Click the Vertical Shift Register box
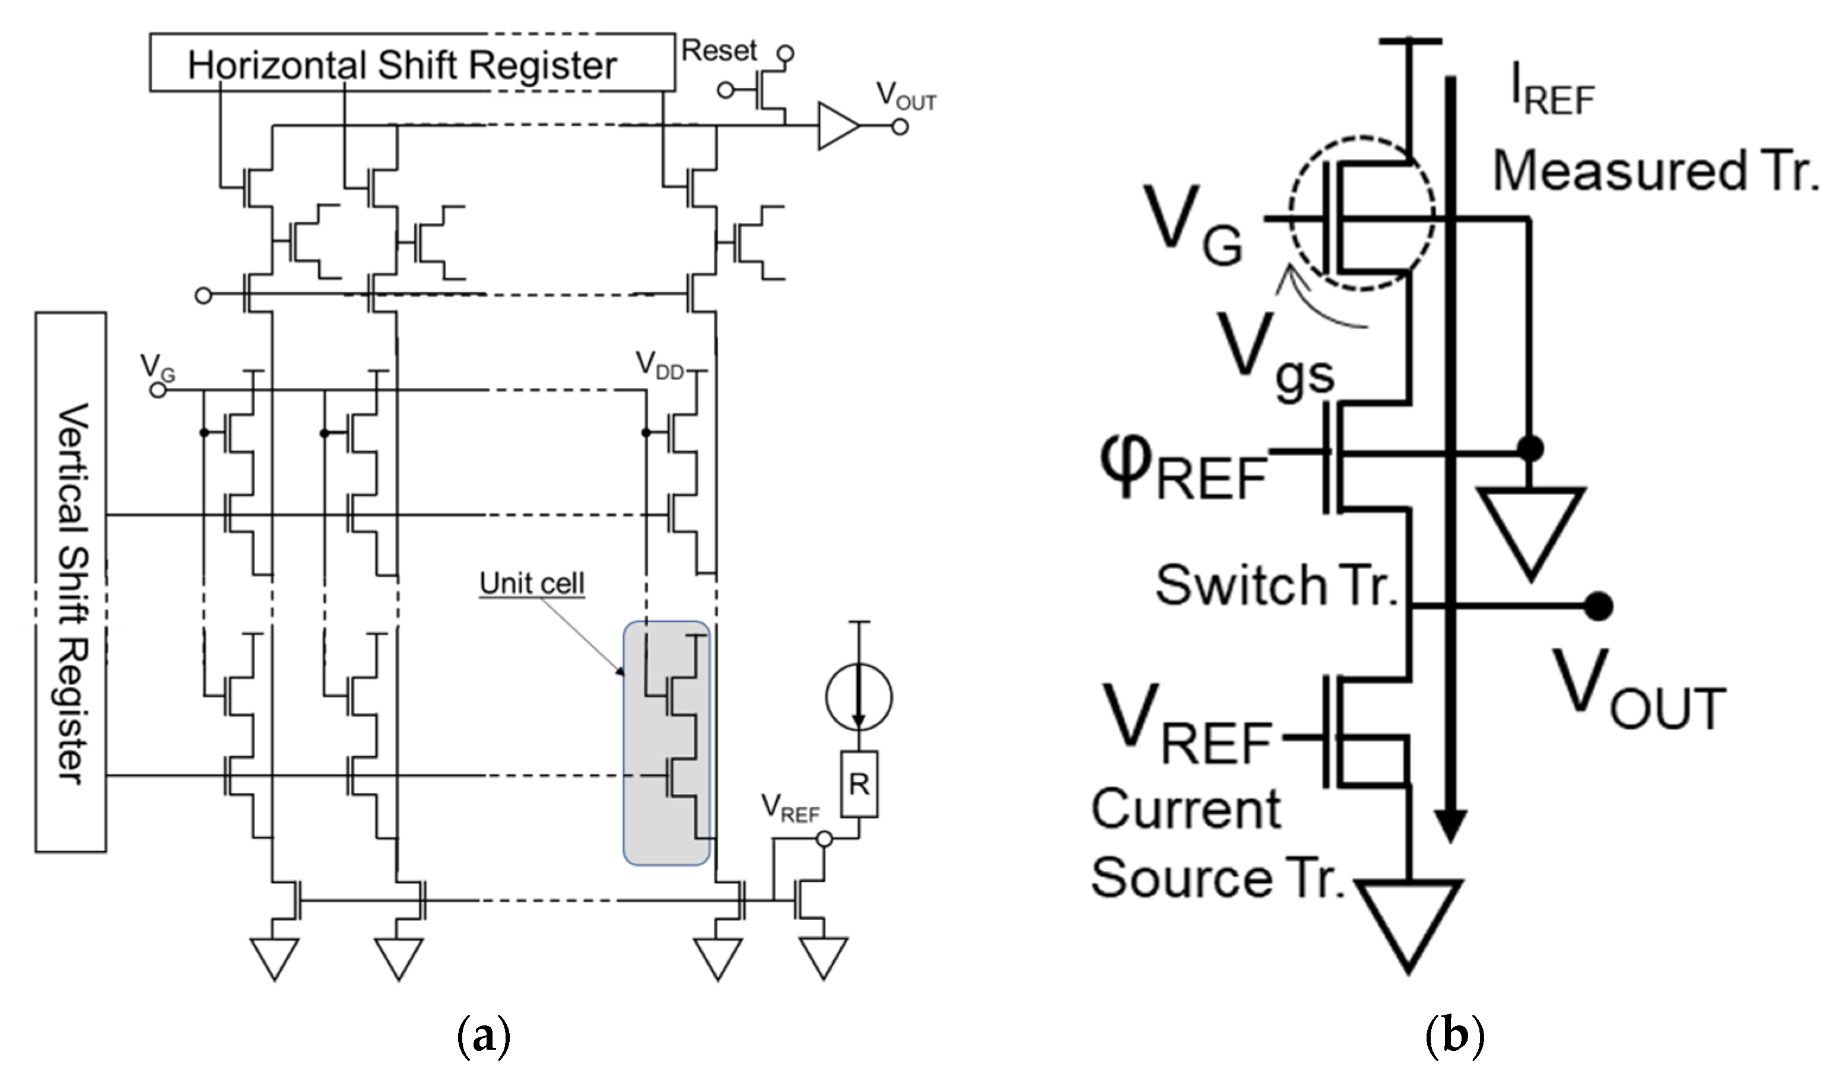(71, 582)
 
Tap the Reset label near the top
(719, 51)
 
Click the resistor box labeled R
(859, 784)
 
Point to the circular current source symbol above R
(859, 697)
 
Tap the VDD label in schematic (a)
(659, 364)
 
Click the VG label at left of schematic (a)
(157, 367)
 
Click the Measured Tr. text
(1654, 171)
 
